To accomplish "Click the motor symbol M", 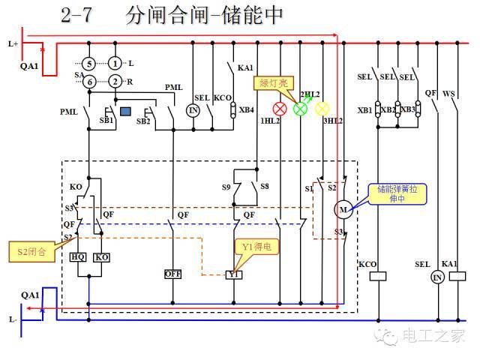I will pyautogui.click(x=344, y=208).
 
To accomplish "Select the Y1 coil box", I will pyautogui.click(x=233, y=275).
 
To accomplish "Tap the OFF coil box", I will pyautogui.click(x=173, y=274).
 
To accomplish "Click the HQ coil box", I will pyautogui.click(x=78, y=257).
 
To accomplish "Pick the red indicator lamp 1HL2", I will pyautogui.click(x=280, y=109).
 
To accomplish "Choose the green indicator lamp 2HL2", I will pyautogui.click(x=300, y=109).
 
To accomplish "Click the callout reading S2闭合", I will pyautogui.click(x=31, y=250).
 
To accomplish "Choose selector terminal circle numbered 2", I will pyautogui.click(x=115, y=81).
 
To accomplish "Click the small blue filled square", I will pyautogui.click(x=125, y=112).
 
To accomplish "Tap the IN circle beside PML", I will pyautogui.click(x=193, y=111).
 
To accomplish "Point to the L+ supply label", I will pyautogui.click(x=13, y=44).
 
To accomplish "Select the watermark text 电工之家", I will pyautogui.click(x=434, y=335).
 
